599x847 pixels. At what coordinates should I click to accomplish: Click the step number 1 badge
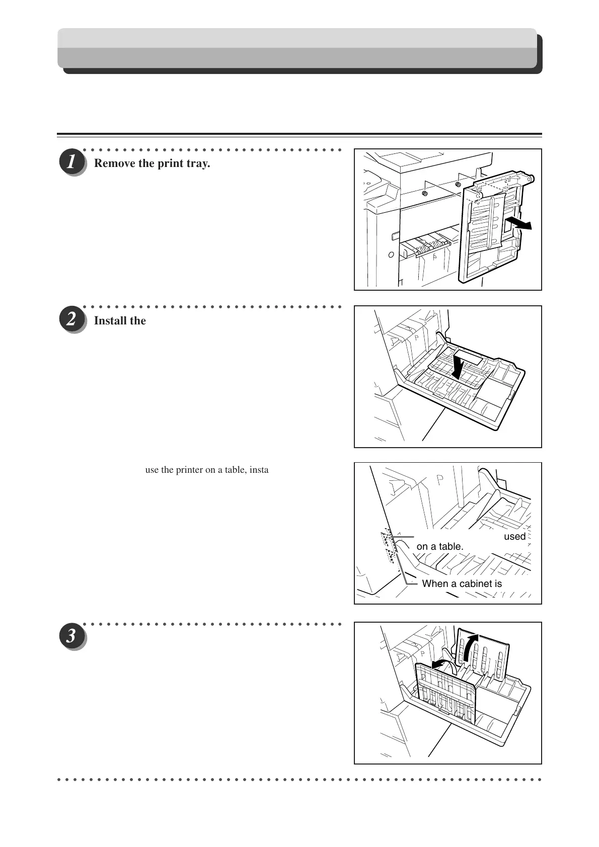click(x=71, y=163)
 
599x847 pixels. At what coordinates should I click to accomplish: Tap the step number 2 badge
click(x=71, y=320)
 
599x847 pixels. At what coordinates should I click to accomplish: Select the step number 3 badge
click(x=71, y=636)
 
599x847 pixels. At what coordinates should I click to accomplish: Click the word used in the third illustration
click(x=514, y=537)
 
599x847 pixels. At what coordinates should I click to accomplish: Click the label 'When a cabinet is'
click(x=462, y=584)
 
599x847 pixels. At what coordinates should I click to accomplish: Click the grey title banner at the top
click(x=297, y=48)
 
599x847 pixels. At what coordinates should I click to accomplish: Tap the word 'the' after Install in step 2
click(x=138, y=321)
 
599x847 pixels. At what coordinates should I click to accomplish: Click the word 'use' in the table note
click(x=152, y=470)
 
